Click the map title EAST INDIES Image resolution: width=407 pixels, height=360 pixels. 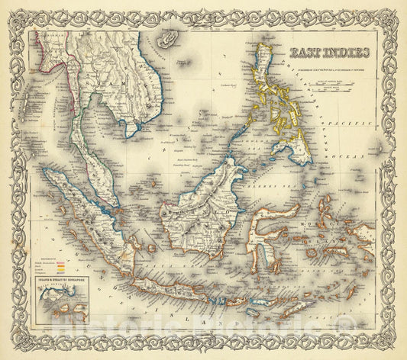click(x=331, y=53)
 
